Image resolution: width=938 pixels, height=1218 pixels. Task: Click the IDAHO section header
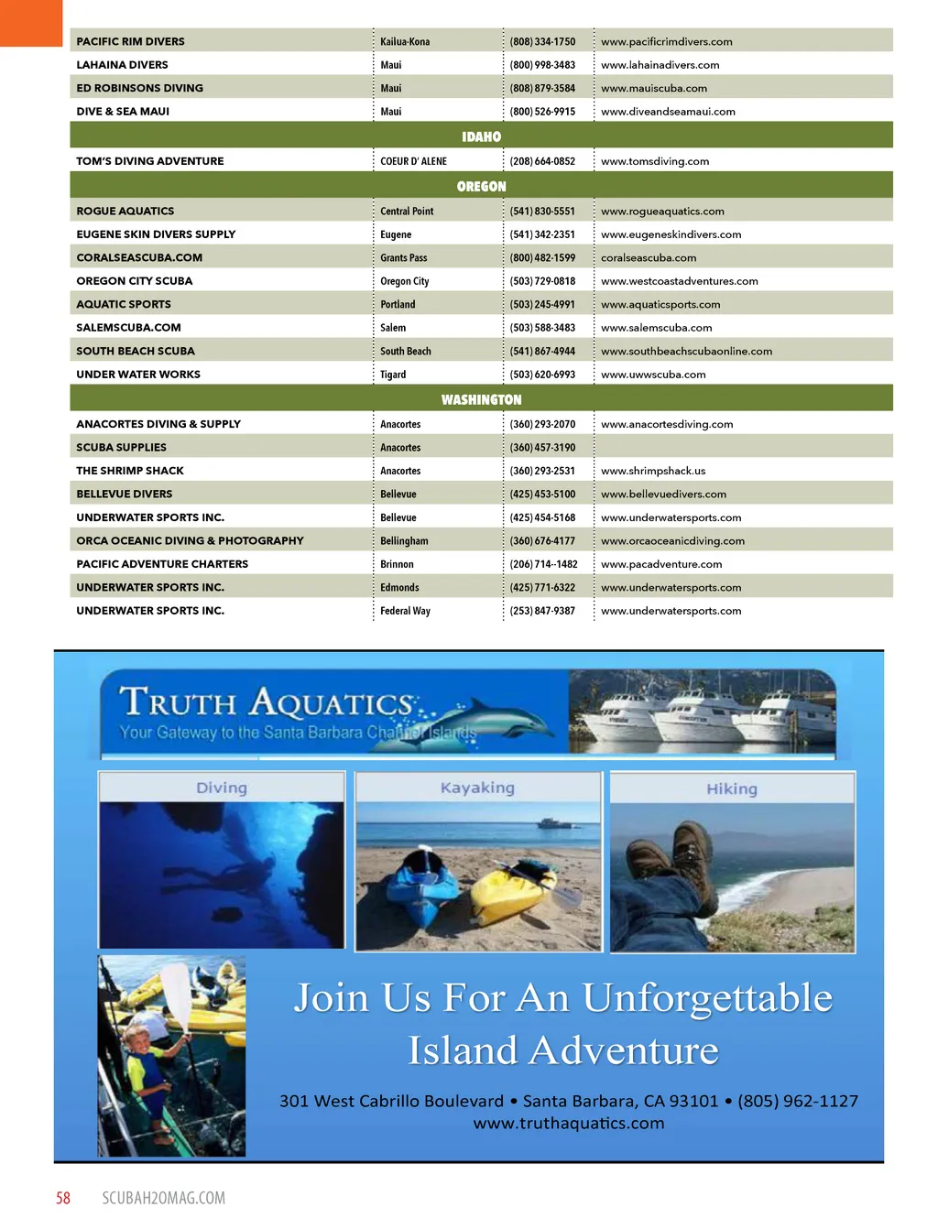pos(481,136)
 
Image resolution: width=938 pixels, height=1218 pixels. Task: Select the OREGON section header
pos(481,186)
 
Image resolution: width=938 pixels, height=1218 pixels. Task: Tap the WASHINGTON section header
pos(481,399)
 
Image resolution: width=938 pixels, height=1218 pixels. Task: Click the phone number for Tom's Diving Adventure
pos(542,161)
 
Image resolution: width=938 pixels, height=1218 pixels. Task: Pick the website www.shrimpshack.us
pos(653,471)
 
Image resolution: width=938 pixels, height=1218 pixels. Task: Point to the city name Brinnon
pos(397,564)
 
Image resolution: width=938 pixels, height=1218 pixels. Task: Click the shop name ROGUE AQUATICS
pos(125,211)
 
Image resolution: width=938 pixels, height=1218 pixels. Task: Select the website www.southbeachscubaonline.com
pos(686,351)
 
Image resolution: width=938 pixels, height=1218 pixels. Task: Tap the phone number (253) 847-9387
pos(542,611)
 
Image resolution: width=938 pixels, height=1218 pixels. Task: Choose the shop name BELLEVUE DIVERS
pos(124,494)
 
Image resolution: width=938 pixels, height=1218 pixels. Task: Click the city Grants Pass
pos(404,257)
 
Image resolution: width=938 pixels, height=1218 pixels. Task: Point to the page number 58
pos(63,1198)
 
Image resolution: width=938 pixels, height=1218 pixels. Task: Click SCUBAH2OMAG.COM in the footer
pos(163,1198)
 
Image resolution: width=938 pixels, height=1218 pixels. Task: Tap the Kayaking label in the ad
pos(477,788)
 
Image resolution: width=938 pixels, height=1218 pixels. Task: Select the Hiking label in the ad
pos(731,788)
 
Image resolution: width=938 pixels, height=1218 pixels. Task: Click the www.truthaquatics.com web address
pos(569,1123)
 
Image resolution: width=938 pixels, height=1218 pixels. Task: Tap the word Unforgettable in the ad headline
pos(706,997)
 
